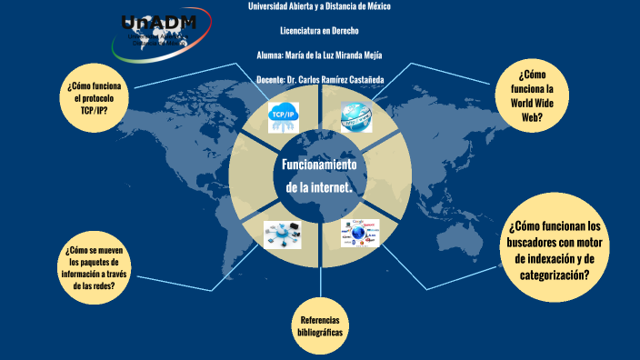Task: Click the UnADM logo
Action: click(x=156, y=30)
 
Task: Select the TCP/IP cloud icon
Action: click(x=285, y=118)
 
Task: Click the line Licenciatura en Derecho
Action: click(x=319, y=30)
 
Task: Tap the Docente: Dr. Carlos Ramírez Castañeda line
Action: click(x=320, y=79)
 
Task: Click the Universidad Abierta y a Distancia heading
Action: click(x=319, y=7)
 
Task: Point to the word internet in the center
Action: click(x=337, y=186)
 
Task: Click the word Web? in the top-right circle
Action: click(x=533, y=116)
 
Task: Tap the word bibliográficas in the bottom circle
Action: click(x=320, y=333)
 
